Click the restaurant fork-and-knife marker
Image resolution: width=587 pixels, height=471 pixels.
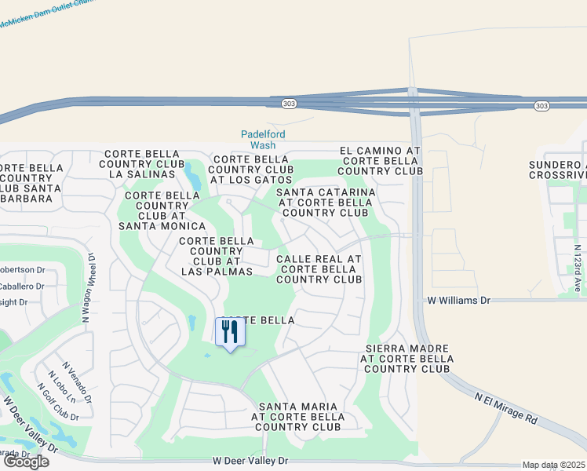[x=230, y=332]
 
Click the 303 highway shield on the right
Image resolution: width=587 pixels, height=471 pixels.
[x=541, y=106]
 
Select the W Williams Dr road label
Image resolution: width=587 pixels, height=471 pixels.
[x=458, y=300]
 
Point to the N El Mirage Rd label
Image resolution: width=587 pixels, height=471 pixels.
[x=505, y=407]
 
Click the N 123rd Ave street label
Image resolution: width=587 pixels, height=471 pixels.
[x=578, y=268]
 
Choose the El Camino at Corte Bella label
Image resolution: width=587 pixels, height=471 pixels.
[x=381, y=160]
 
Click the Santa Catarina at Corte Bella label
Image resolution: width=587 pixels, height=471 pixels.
[x=326, y=202]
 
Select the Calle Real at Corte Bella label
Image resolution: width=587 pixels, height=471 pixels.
[x=319, y=268]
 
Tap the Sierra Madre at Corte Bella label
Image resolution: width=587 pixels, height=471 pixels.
[x=407, y=358]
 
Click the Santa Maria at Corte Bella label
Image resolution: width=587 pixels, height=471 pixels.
[x=297, y=417]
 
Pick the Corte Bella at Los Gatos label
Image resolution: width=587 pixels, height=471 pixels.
[x=253, y=170]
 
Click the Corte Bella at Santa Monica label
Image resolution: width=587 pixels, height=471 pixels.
[x=162, y=210]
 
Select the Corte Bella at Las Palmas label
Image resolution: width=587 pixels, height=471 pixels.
[x=217, y=257]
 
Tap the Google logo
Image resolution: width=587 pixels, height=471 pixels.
[x=26, y=462]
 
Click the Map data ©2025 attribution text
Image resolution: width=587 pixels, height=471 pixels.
[x=553, y=465]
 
